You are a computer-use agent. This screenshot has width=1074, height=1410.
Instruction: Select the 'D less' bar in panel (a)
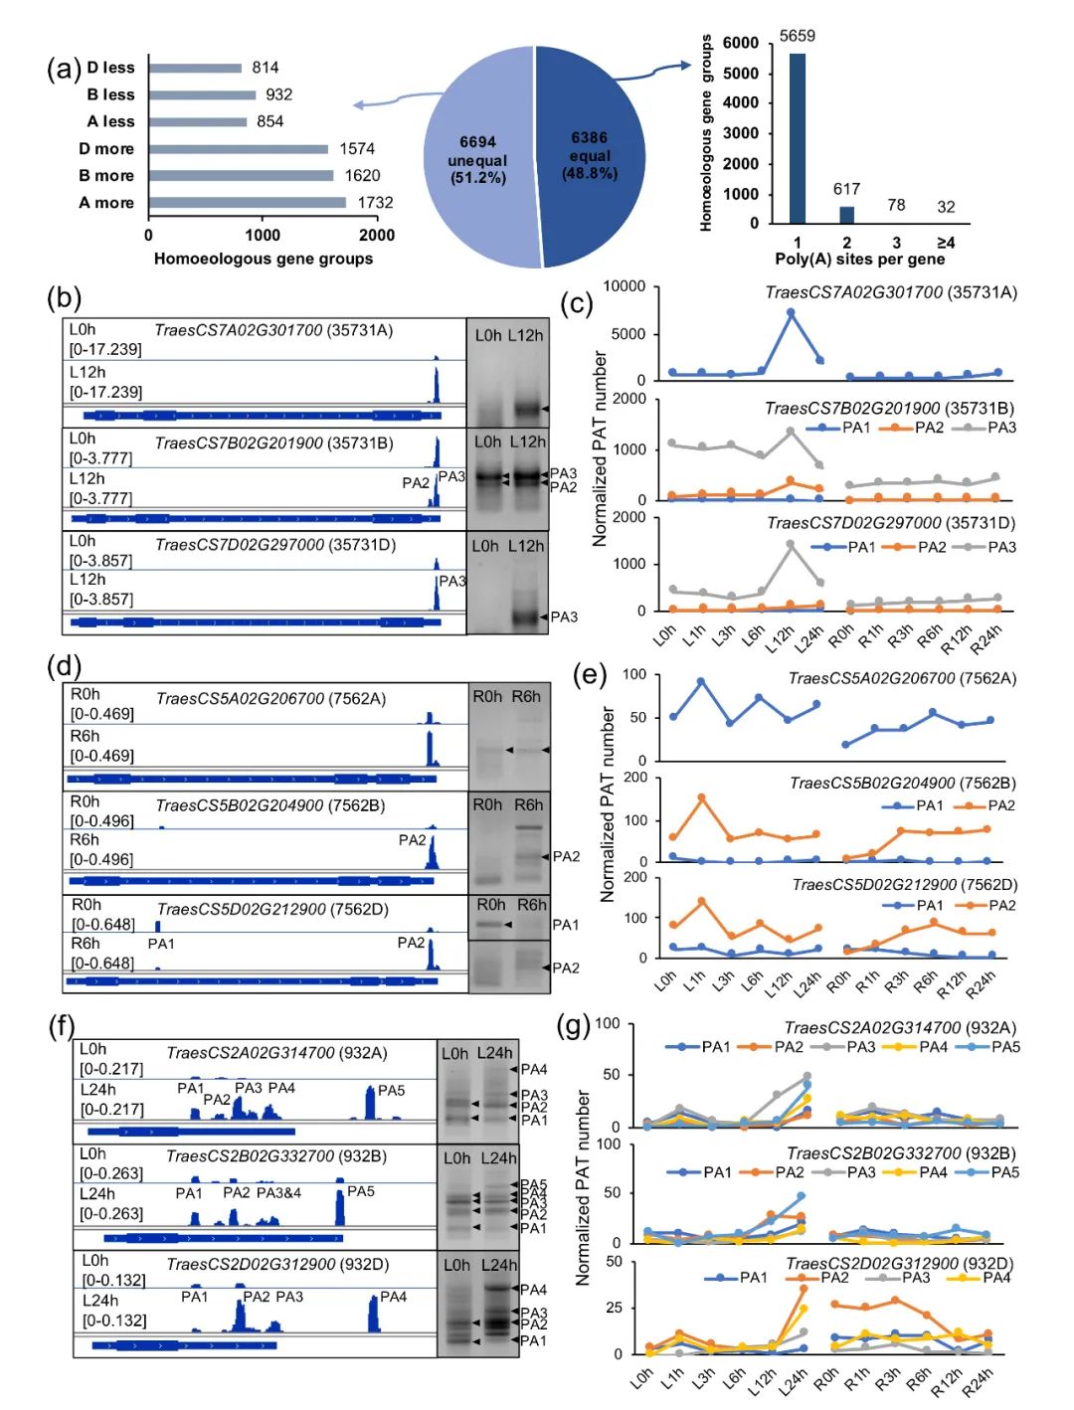coord(195,68)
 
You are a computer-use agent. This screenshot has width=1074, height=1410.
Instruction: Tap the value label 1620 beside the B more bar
coord(362,176)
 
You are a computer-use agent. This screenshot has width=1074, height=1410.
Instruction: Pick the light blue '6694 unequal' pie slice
coord(477,159)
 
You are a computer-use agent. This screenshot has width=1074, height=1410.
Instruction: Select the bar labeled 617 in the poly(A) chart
coord(846,214)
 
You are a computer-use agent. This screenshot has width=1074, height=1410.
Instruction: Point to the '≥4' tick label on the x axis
coord(946,243)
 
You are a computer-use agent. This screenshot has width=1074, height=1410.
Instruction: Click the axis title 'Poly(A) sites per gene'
coord(859,260)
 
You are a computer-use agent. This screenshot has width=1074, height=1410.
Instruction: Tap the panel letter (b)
coord(64,298)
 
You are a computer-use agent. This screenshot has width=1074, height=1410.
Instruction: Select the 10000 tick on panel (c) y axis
coord(625,286)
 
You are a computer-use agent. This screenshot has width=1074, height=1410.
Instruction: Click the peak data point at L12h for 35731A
coord(792,312)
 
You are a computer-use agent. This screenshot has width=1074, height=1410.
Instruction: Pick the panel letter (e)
coord(590,675)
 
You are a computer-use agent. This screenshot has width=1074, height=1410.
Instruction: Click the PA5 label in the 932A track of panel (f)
coord(391,1091)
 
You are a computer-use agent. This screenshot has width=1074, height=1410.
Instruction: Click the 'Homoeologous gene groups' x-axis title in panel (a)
coord(264,259)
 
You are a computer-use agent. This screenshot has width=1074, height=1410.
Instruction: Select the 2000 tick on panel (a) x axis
coord(377,236)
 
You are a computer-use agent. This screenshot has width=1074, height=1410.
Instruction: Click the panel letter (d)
coord(64,665)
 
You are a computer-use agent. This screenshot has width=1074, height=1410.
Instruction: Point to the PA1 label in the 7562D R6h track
coord(161,944)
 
